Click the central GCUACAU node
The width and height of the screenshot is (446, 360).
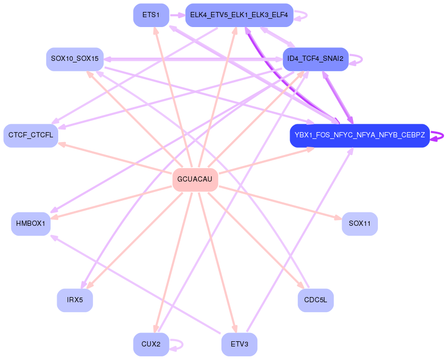click(x=194, y=179)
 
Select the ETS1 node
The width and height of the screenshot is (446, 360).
click(x=151, y=15)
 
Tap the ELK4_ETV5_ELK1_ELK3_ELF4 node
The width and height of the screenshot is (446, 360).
click(x=239, y=15)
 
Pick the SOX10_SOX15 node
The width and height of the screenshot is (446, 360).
click(x=75, y=59)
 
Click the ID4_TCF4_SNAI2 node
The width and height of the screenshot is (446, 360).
click(x=315, y=59)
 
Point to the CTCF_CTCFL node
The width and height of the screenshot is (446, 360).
click(x=31, y=135)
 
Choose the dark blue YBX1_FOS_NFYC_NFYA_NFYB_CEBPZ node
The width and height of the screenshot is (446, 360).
click(x=359, y=135)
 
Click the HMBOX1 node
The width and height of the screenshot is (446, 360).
click(x=31, y=224)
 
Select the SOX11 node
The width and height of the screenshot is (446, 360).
click(x=359, y=224)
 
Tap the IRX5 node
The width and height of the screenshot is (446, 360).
click(x=75, y=300)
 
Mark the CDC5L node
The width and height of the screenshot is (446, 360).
click(x=315, y=300)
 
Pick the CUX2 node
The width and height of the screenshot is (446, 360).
click(x=151, y=344)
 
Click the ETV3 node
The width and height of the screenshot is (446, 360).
click(x=239, y=344)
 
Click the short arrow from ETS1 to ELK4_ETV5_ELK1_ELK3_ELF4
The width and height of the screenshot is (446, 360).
click(x=177, y=15)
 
